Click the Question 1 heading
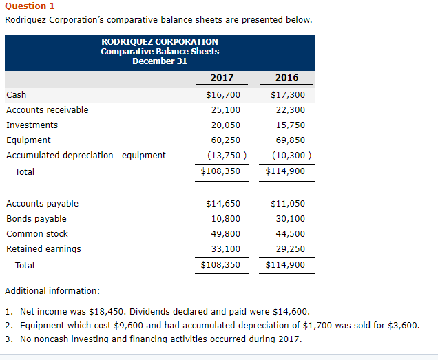coord(30,6)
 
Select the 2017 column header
coord(222,78)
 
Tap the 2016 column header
coord(286,78)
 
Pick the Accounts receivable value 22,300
coord(290,110)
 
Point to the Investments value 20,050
coord(225,125)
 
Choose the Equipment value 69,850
coord(290,140)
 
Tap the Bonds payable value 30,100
coord(290,219)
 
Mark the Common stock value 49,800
coord(225,234)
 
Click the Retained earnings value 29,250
coord(290,249)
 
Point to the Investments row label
coord(32,125)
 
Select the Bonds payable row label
coord(36,219)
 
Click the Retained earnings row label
coord(43,249)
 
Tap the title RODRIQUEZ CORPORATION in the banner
coord(159,42)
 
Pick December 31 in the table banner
coord(159,61)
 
